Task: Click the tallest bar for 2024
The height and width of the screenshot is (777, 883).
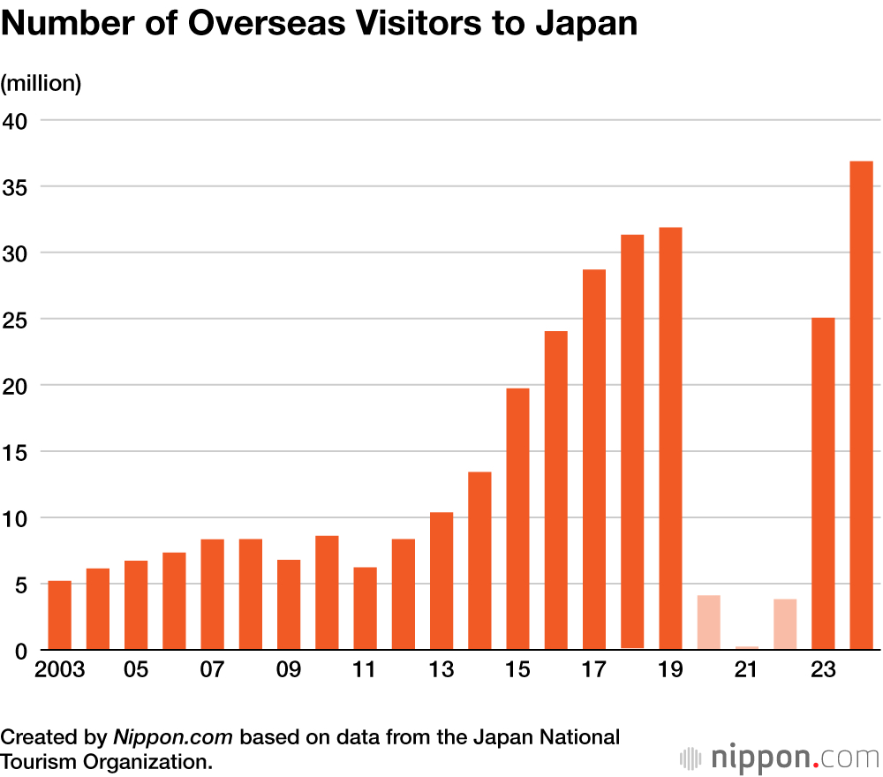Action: coord(861,405)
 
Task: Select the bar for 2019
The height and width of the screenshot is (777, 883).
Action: coord(670,439)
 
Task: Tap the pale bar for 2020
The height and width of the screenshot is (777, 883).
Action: coord(708,622)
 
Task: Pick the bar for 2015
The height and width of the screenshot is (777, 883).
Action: coord(517,519)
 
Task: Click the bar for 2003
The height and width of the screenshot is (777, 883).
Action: coord(59,615)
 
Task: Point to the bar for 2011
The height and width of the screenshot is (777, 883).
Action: coord(365,608)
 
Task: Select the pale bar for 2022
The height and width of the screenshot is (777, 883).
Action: coord(785,624)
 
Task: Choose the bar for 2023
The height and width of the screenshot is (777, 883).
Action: coord(823,484)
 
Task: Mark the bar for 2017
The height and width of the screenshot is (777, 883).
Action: coord(594,459)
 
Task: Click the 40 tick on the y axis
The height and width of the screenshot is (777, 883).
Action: coord(17,120)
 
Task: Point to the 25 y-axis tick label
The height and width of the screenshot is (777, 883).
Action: coord(17,319)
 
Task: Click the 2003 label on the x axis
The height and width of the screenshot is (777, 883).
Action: coord(59,670)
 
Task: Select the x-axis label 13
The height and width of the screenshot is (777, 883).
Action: coord(441,670)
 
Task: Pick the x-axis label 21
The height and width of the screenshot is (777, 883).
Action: coord(747,670)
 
